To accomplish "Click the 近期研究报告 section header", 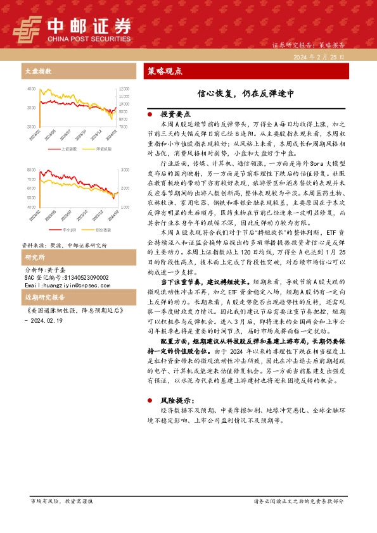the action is (x=44, y=297).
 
